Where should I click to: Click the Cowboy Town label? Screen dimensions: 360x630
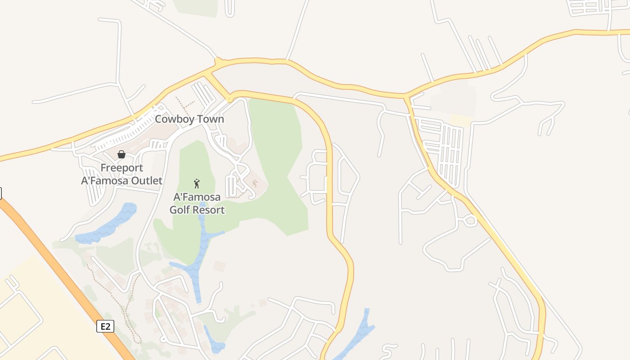pos(189,119)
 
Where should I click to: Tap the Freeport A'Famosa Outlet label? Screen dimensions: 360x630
pos(121,174)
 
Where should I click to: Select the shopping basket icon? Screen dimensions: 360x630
pos(121,154)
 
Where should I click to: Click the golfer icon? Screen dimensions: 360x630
pos(197,183)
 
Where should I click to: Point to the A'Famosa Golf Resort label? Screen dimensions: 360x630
pos(197,203)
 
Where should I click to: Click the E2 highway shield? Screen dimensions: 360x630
pos(105,326)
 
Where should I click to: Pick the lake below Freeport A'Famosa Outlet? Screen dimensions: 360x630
pos(108,225)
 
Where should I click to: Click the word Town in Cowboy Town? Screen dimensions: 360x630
pos(208,119)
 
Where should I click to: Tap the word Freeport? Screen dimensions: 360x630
pos(121,168)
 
